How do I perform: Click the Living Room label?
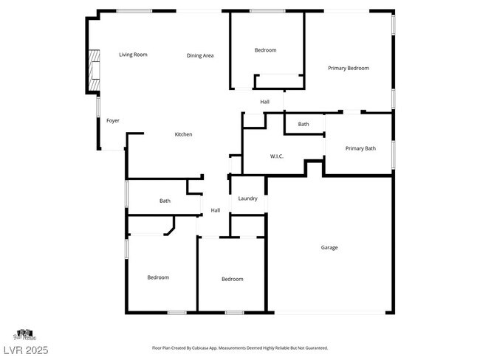pyautogui.click(x=134, y=55)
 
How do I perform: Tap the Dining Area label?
pyautogui.click(x=200, y=55)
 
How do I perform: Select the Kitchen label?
pyautogui.click(x=183, y=134)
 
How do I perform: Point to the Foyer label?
pyautogui.click(x=113, y=120)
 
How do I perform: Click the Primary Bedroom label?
pyautogui.click(x=349, y=68)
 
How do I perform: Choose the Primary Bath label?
pyautogui.click(x=360, y=148)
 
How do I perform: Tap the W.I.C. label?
pyautogui.click(x=278, y=156)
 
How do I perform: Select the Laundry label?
pyautogui.click(x=247, y=198)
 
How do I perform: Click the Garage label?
pyautogui.click(x=329, y=247)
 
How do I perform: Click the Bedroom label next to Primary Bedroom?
pyautogui.click(x=265, y=50)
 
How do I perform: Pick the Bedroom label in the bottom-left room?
pyautogui.click(x=158, y=277)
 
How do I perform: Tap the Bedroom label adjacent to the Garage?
pyautogui.click(x=233, y=279)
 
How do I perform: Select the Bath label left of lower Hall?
pyautogui.click(x=165, y=201)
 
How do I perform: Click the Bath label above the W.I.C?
pyautogui.click(x=304, y=124)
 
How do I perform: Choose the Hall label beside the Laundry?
pyautogui.click(x=216, y=210)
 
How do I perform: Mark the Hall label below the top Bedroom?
pyautogui.click(x=264, y=102)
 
